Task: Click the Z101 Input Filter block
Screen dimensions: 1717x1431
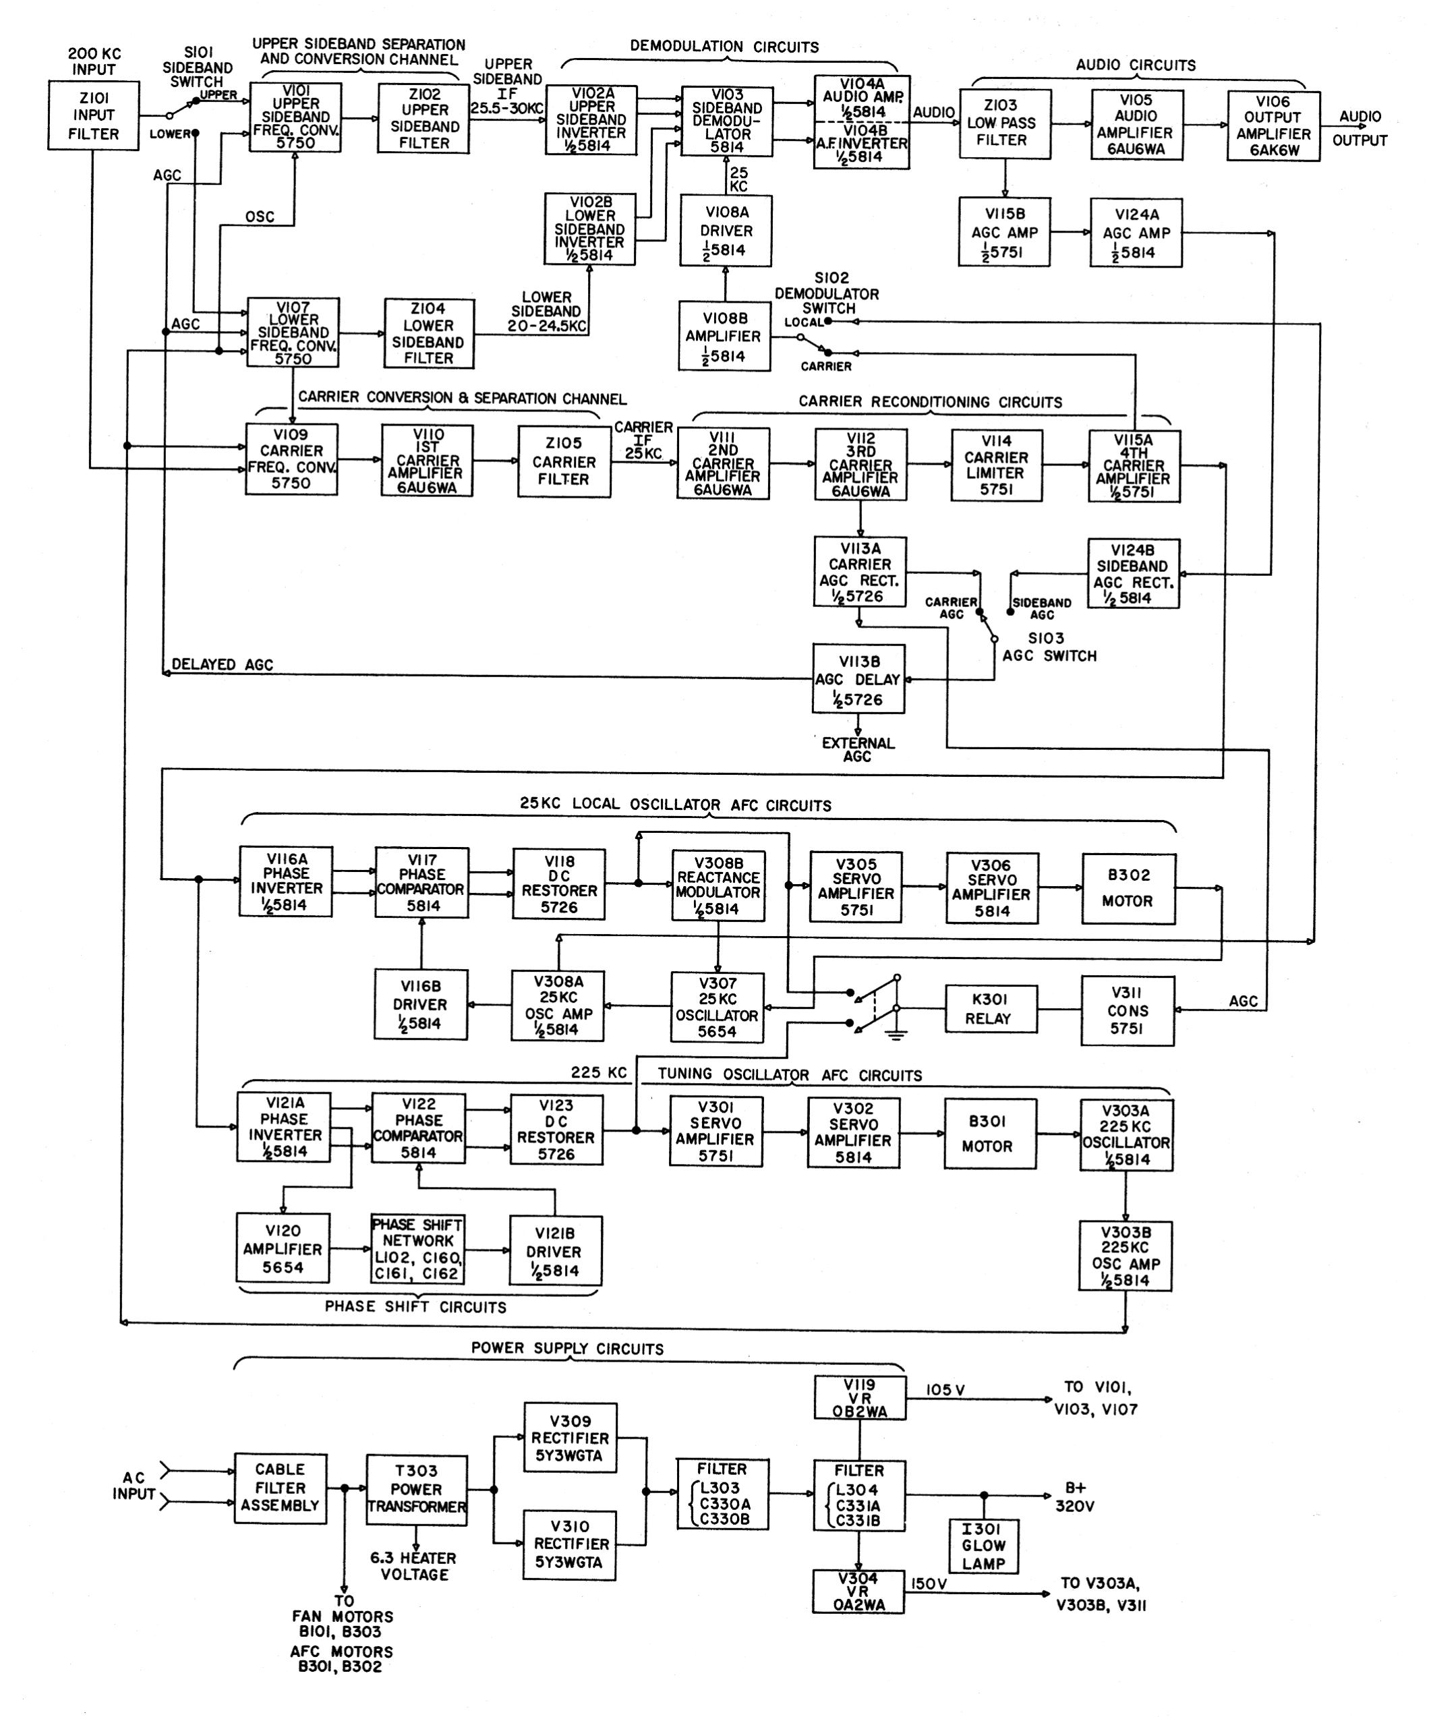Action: click(92, 115)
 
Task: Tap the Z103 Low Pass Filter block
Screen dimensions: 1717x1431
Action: click(1004, 123)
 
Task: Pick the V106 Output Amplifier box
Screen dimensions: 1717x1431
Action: click(1273, 126)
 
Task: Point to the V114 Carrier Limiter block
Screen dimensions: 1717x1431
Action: click(996, 465)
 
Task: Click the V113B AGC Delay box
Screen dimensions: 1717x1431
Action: click(858, 678)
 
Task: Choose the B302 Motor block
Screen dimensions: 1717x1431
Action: click(1128, 889)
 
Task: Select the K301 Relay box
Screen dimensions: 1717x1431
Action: click(989, 1009)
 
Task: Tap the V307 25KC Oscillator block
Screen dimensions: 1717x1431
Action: click(717, 1008)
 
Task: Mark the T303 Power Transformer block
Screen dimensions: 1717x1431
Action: click(416, 1490)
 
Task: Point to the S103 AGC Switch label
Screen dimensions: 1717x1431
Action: click(1050, 647)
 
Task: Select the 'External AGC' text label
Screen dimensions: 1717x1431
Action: click(858, 750)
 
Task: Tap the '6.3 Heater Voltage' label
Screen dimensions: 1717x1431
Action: click(414, 1566)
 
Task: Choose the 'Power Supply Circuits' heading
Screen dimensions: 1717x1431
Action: click(568, 1348)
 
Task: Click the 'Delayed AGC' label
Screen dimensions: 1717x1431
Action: click(223, 665)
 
